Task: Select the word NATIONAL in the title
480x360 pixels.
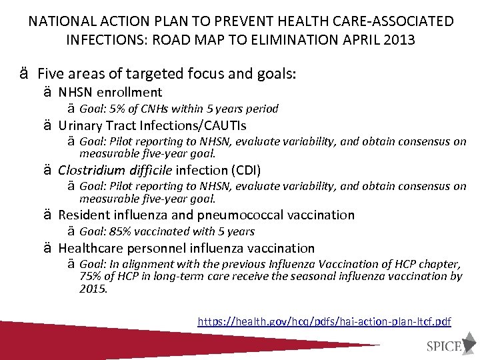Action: [x=59, y=21]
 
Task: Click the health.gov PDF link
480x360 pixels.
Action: [x=324, y=321]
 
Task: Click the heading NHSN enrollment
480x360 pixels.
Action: [x=110, y=92]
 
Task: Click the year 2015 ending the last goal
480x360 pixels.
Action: [x=92, y=288]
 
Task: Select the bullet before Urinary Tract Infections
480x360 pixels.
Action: [x=48, y=125]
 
